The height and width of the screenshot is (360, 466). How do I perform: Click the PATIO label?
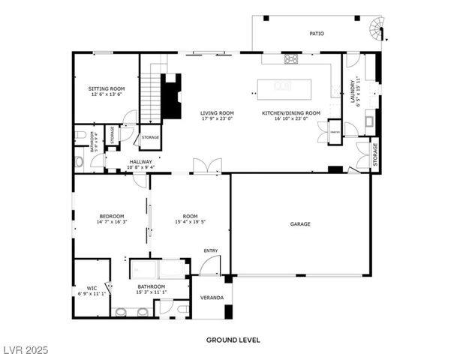(x=317, y=34)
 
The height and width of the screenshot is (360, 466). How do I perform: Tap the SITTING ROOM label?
(x=106, y=88)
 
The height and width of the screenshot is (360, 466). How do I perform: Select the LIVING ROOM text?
(x=217, y=113)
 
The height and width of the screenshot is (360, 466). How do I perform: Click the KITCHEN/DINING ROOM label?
(x=290, y=113)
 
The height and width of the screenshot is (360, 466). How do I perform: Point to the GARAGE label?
(x=300, y=223)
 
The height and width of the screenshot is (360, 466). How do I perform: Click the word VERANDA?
(x=212, y=298)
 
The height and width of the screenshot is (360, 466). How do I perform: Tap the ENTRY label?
(x=211, y=250)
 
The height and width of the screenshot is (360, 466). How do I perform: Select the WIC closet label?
(x=92, y=287)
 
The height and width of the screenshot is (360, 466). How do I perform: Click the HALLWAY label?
(x=140, y=161)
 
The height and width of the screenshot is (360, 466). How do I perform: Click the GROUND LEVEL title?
(x=233, y=340)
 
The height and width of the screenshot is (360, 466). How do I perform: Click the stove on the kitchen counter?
(x=290, y=58)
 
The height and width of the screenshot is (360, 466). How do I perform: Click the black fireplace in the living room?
(x=172, y=95)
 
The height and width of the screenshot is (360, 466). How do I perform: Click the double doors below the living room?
(x=206, y=166)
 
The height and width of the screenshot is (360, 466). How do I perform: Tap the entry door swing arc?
(x=210, y=265)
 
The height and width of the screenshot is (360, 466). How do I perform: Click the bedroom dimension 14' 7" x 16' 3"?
(x=111, y=222)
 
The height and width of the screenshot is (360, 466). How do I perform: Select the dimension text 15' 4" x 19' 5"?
(x=190, y=222)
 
